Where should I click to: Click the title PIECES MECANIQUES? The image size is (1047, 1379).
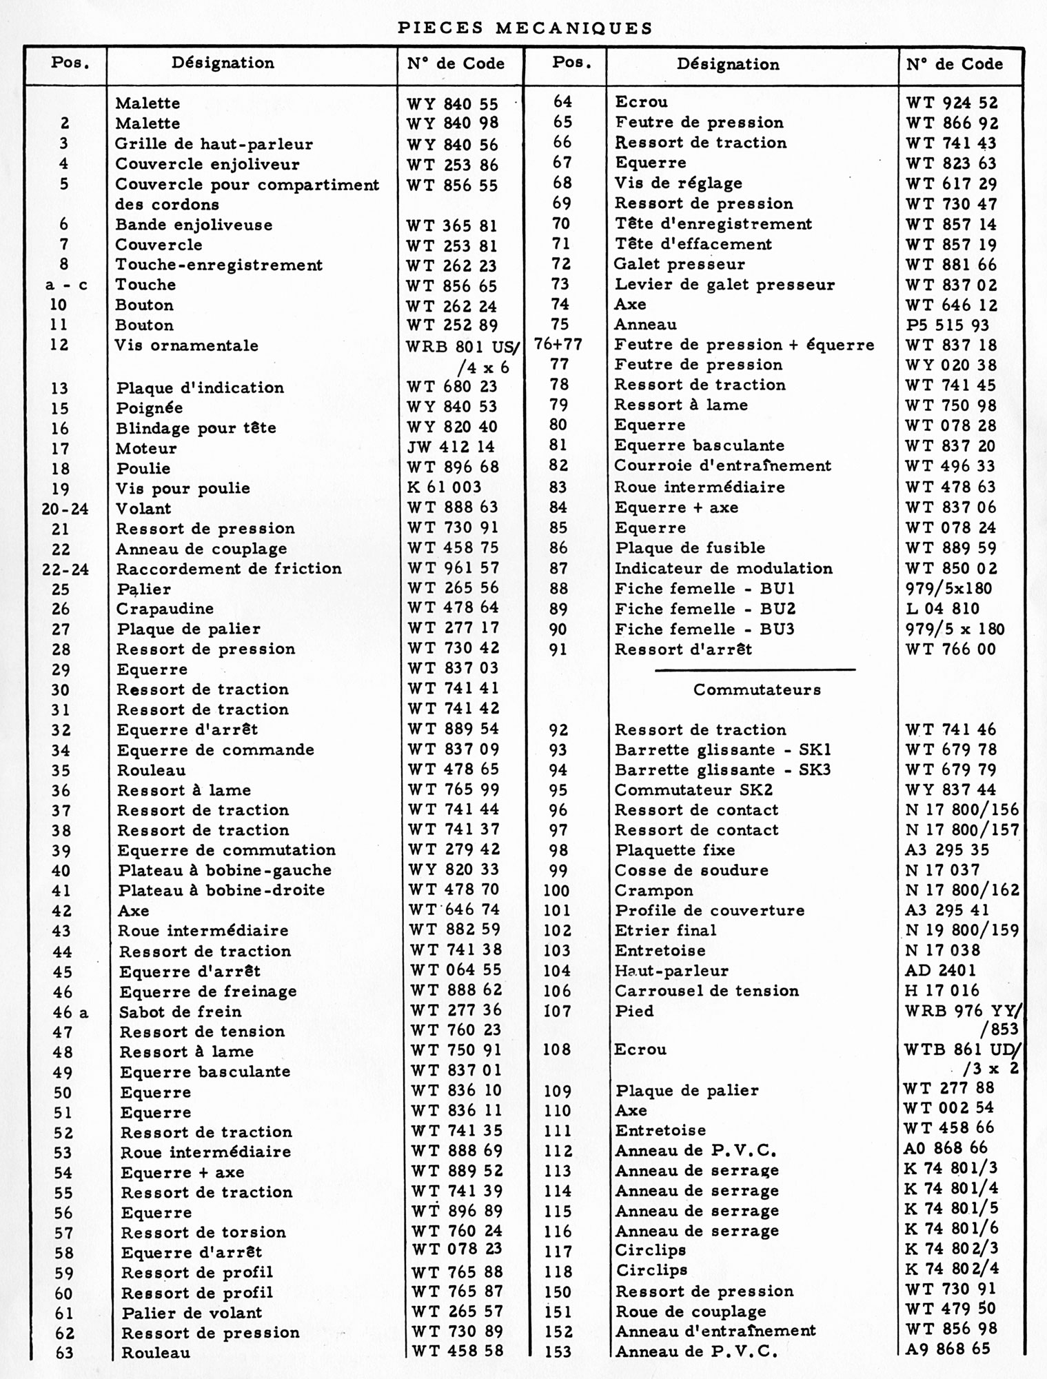pyautogui.click(x=525, y=28)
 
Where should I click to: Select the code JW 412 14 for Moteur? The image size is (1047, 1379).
pyautogui.click(x=451, y=447)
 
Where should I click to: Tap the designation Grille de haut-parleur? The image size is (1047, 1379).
pyautogui.click(x=214, y=144)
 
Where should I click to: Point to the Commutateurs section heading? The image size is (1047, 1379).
pyautogui.click(x=757, y=689)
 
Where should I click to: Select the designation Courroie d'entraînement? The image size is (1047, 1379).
pyautogui.click(x=722, y=465)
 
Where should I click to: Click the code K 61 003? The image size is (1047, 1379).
pyautogui.click(x=445, y=487)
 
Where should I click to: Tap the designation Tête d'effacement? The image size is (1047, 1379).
pyautogui.click(x=693, y=244)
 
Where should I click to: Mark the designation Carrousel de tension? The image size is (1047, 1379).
pyautogui.click(x=707, y=991)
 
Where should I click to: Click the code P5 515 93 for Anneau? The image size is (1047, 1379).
pyautogui.click(x=947, y=325)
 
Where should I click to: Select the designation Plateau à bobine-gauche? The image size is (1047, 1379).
pyautogui.click(x=225, y=870)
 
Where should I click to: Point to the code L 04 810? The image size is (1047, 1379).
pyautogui.click(x=942, y=608)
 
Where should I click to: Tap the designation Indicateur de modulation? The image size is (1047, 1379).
pyautogui.click(x=723, y=568)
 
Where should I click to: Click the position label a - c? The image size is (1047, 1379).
pyautogui.click(x=66, y=285)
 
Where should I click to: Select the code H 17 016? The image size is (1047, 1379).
pyautogui.click(x=942, y=991)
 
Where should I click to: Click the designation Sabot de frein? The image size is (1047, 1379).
pyautogui.click(x=181, y=1011)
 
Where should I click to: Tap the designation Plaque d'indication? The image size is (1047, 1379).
pyautogui.click(x=200, y=387)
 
